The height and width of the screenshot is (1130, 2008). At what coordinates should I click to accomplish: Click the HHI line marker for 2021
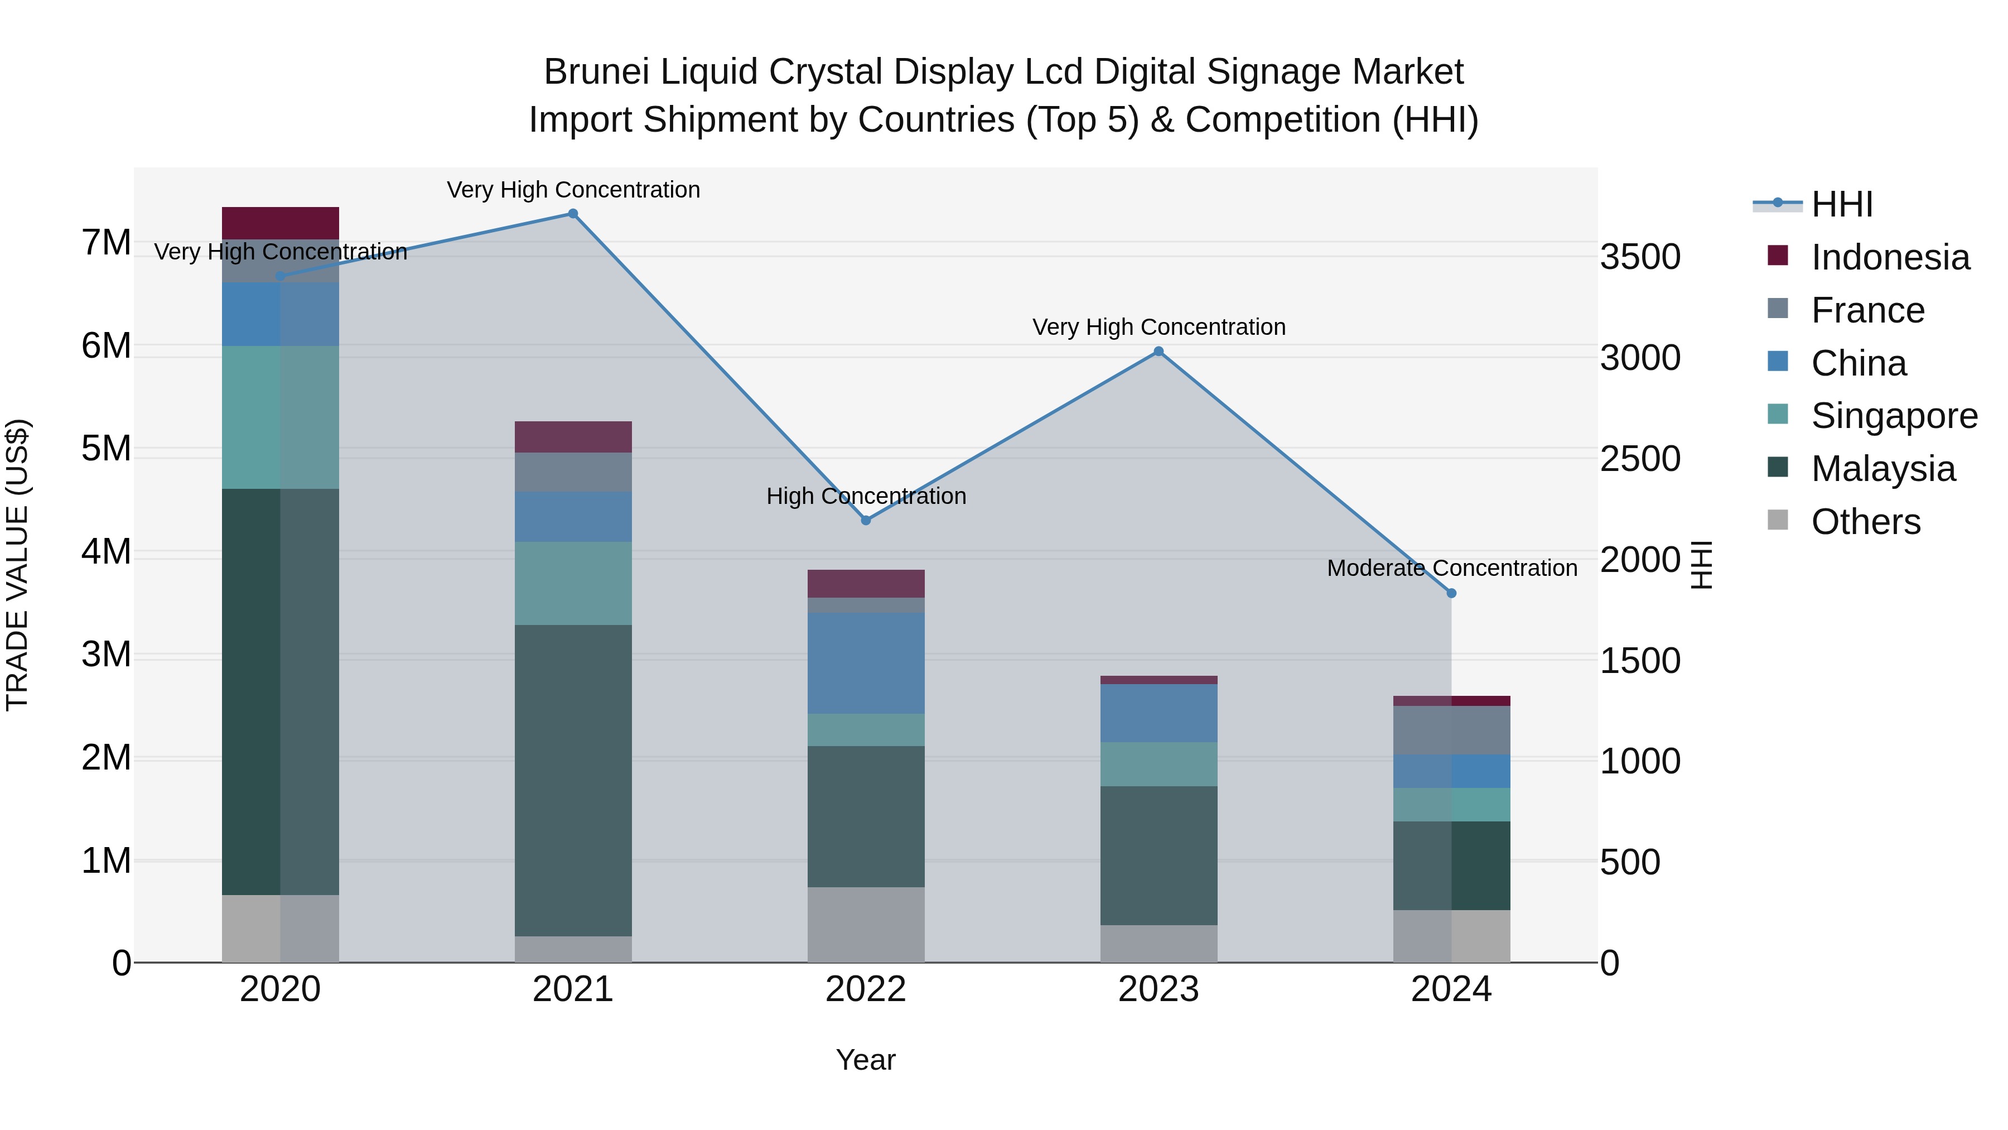tap(573, 214)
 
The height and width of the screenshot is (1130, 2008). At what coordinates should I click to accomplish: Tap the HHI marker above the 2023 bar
tap(1159, 352)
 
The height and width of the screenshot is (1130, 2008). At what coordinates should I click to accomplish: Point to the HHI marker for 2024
tap(1451, 594)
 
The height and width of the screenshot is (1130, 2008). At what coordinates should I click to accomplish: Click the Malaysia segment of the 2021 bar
tap(573, 780)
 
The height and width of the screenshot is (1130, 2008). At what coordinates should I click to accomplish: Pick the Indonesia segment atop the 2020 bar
tap(281, 223)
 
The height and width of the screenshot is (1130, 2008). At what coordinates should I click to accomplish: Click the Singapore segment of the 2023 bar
tap(1159, 764)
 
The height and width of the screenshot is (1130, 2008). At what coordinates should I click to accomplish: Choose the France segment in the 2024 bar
tap(1451, 730)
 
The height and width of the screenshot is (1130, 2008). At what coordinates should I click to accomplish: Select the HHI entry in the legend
tap(1841, 204)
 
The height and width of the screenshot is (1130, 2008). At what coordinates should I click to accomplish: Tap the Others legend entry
tap(1865, 522)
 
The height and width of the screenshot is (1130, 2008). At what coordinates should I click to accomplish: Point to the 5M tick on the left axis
tap(107, 449)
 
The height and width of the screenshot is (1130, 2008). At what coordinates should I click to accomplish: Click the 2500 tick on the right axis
tap(1640, 459)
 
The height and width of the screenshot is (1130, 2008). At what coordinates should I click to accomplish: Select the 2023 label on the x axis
tap(1159, 989)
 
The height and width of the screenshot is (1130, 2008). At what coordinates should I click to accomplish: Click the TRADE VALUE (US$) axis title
tap(17, 565)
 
